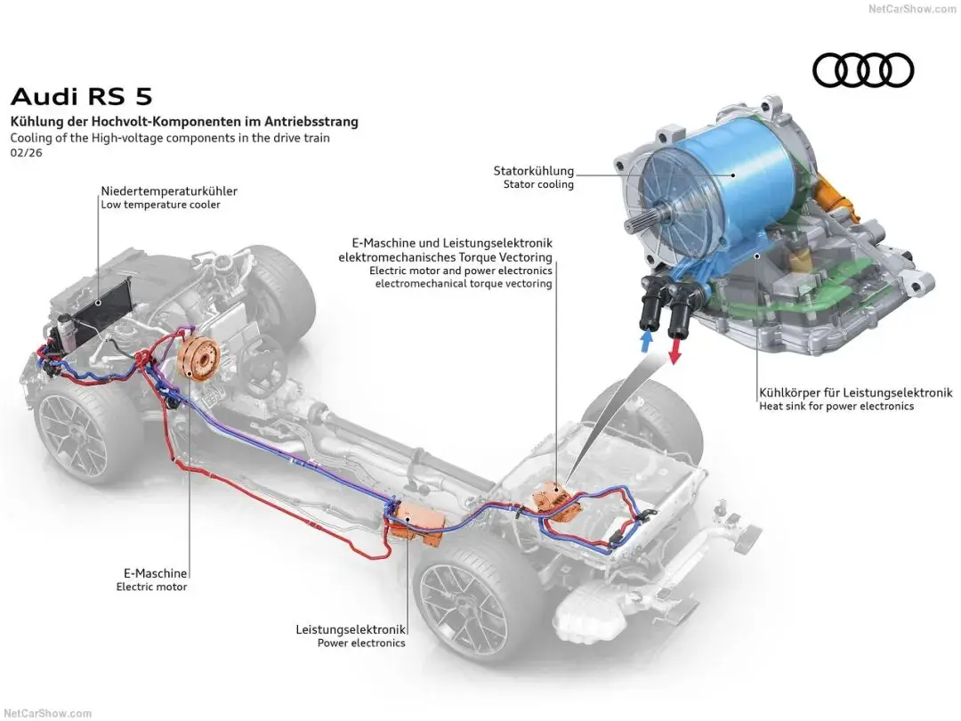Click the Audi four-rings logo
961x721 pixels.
tap(863, 70)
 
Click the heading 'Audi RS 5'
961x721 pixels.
tap(82, 97)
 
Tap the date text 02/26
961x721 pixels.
tap(27, 153)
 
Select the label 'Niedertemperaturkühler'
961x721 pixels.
tap(169, 190)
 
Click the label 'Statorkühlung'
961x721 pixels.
tap(534, 170)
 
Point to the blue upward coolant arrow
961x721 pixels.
tap(645, 340)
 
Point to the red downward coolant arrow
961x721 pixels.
tap(674, 351)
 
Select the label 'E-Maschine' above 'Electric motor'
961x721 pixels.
tap(156, 573)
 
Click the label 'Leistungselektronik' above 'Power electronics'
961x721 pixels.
tap(351, 629)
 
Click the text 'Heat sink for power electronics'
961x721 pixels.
tap(836, 406)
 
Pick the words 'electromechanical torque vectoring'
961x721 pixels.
tap(464, 283)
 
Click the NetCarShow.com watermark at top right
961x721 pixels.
tap(912, 9)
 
